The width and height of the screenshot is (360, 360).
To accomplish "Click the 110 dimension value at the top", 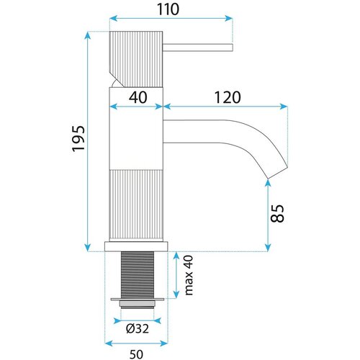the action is tap(168, 9).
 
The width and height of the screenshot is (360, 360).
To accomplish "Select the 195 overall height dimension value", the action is tap(78, 138).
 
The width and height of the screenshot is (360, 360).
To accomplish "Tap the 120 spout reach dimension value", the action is tap(227, 97).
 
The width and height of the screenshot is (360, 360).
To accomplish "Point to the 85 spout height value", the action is tap(277, 213).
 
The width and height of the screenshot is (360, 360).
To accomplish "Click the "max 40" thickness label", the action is tap(189, 275).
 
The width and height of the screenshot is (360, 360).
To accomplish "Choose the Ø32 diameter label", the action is tap(138, 328).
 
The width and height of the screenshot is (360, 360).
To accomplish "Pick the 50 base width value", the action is tap(136, 354).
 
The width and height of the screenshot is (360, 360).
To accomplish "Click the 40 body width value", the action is tap(138, 97).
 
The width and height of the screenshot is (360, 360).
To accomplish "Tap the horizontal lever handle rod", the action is tap(198, 48).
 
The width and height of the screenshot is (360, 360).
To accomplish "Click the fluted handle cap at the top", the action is tap(136, 59).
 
